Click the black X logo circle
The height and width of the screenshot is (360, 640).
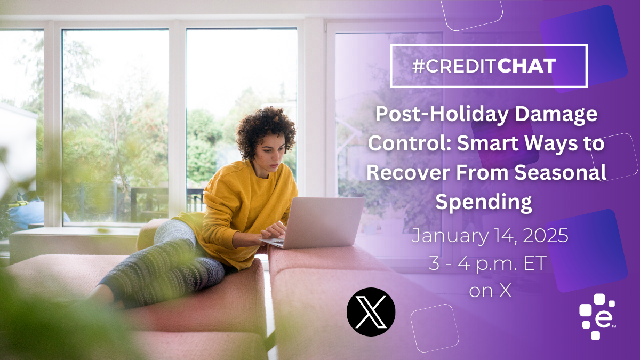point(371,311)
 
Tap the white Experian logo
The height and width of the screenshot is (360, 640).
point(597,317)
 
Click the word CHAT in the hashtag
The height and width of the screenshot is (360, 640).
point(526,66)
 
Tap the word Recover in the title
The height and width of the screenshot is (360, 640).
point(407,173)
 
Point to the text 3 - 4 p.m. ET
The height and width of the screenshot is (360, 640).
point(487,263)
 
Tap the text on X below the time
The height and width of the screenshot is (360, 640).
point(490,291)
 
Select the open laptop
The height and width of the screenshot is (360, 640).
point(317,223)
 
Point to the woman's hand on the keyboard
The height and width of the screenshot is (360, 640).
point(274,230)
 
